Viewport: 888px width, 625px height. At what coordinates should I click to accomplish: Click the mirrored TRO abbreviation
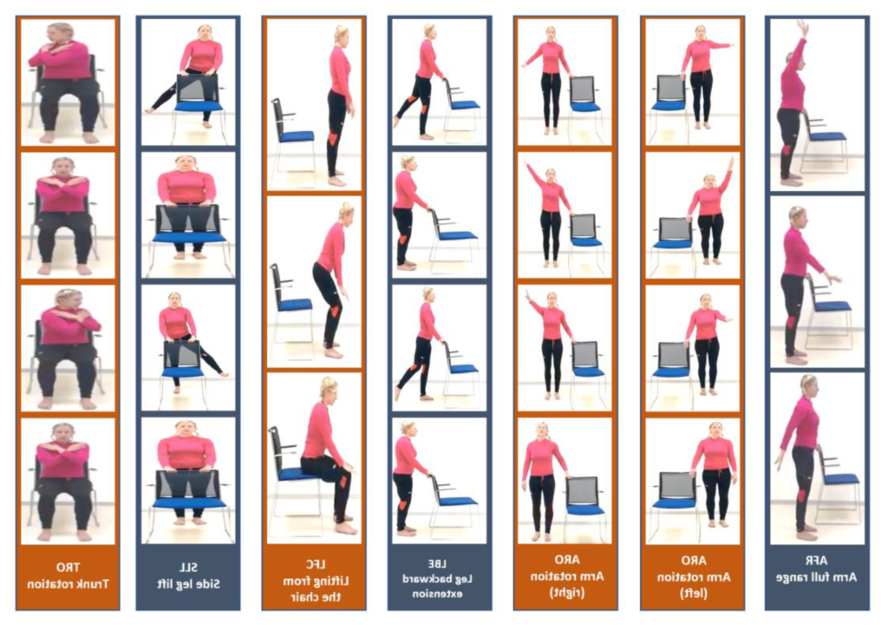click(x=68, y=567)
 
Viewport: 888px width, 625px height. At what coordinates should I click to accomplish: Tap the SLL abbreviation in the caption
click(x=188, y=567)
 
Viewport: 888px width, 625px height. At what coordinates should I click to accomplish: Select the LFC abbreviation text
click(x=316, y=565)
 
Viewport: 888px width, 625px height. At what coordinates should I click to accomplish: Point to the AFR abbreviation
click(x=816, y=561)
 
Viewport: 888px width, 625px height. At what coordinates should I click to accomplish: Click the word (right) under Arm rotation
click(x=567, y=593)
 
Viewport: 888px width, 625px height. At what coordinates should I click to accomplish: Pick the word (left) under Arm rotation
click(x=694, y=593)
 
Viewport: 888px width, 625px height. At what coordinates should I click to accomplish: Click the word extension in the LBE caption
click(x=437, y=594)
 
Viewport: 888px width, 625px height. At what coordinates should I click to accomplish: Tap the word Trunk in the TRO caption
click(x=92, y=583)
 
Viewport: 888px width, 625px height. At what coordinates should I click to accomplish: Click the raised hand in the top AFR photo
click(x=802, y=25)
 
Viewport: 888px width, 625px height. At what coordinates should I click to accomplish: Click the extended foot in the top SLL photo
click(x=150, y=109)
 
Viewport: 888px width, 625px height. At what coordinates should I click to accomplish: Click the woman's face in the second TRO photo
click(x=62, y=168)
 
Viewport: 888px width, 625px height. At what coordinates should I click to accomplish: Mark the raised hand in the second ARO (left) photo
click(x=731, y=163)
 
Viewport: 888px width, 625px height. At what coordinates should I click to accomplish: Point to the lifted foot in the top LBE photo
click(x=397, y=122)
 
